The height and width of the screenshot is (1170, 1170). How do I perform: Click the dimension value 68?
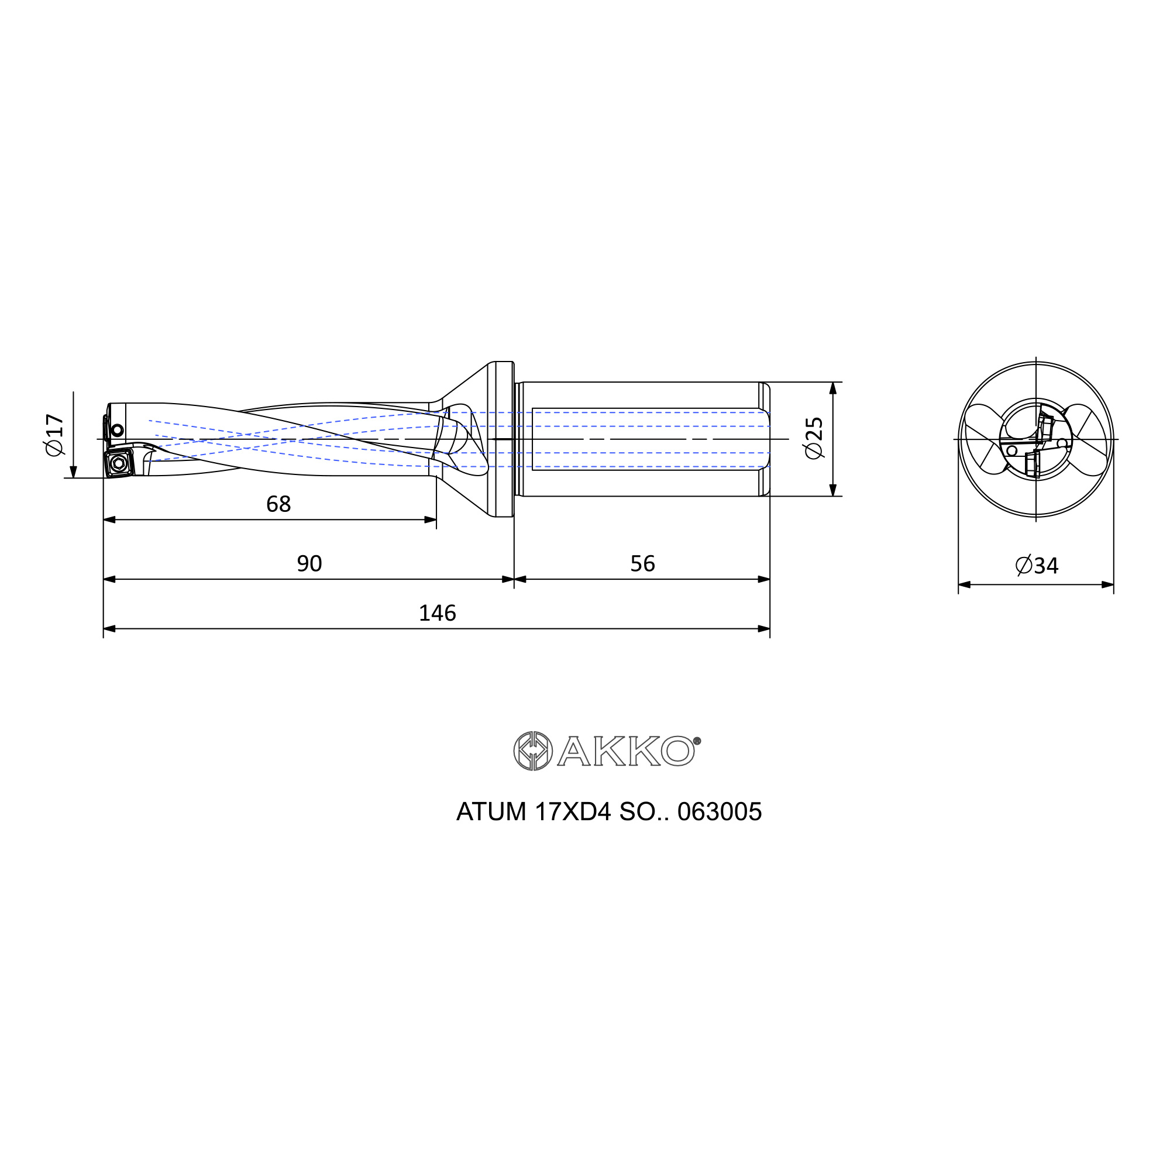[278, 504]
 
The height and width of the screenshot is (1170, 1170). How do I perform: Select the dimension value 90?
[309, 563]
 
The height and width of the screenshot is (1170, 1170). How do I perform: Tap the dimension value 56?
[642, 563]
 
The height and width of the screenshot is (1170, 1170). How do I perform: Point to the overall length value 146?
[437, 613]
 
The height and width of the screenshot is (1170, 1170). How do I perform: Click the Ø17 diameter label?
[54, 435]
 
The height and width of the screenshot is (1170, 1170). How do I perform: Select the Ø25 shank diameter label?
[815, 438]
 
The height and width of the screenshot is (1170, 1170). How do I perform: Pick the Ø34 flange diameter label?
[1037, 565]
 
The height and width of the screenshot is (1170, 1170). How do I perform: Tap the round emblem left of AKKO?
[533, 751]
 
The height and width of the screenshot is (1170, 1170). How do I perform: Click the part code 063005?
[720, 812]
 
